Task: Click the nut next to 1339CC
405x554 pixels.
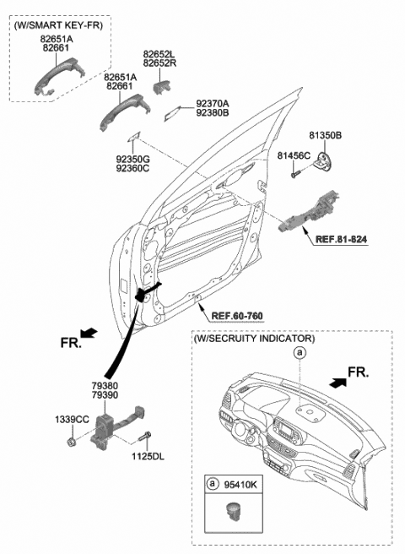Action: [73, 439]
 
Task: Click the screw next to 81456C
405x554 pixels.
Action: [295, 173]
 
